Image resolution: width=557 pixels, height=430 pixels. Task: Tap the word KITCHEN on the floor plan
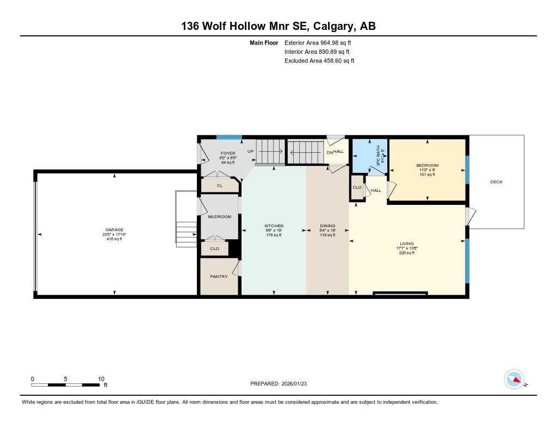(x=274, y=226)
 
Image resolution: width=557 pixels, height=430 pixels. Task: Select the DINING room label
(x=327, y=226)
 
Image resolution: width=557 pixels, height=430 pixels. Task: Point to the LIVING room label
(x=406, y=244)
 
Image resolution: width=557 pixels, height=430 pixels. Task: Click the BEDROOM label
(x=427, y=165)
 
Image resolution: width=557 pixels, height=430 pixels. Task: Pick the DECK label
(x=496, y=182)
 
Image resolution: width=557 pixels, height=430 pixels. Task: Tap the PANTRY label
(x=219, y=277)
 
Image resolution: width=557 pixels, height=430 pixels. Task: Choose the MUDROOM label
(x=219, y=217)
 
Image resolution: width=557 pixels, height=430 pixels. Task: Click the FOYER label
(x=227, y=153)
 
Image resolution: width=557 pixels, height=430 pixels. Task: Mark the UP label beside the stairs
(x=251, y=152)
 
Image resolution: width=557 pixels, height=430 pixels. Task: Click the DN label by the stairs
(x=330, y=153)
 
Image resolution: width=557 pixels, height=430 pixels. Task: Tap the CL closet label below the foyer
(x=220, y=186)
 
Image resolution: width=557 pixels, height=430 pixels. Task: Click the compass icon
(x=514, y=379)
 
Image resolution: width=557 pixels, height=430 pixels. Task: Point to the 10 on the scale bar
(x=101, y=379)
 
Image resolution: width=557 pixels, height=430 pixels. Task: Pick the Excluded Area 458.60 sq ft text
(x=319, y=61)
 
